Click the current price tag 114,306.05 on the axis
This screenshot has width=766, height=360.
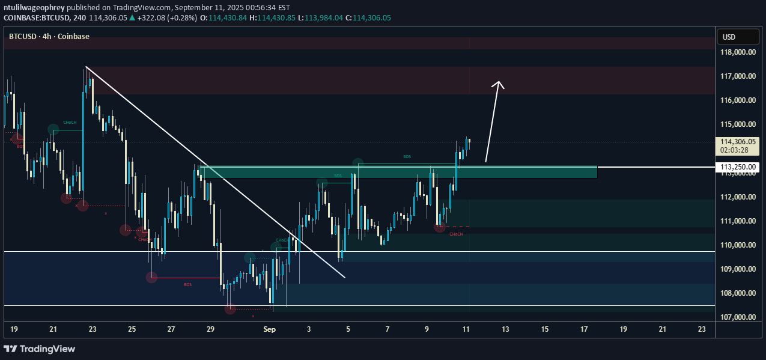(x=738, y=142)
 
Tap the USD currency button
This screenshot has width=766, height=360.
(x=729, y=37)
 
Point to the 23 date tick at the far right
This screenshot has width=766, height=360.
(x=702, y=329)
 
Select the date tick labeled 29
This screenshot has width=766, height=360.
(x=210, y=329)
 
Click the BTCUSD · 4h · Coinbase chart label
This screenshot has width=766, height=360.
(x=49, y=37)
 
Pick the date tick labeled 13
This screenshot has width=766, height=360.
(x=505, y=329)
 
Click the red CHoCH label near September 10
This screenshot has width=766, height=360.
(x=456, y=233)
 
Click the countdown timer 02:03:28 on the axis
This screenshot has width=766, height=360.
(x=738, y=150)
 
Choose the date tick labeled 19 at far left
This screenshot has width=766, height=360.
(x=14, y=329)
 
